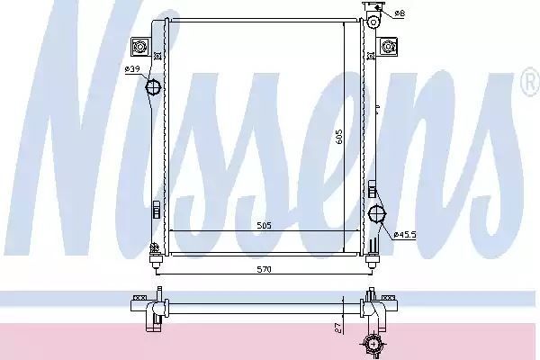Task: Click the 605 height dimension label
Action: pyautogui.click(x=339, y=137)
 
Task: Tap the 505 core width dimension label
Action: pyautogui.click(x=264, y=226)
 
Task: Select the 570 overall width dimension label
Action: pyautogui.click(x=264, y=269)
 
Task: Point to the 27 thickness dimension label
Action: pyautogui.click(x=338, y=328)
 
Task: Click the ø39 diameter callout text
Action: pyautogui.click(x=132, y=69)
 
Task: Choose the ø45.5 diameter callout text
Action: pyautogui.click(x=405, y=235)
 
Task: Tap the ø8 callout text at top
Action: pyautogui.click(x=400, y=13)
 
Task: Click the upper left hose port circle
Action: pyautogui.click(x=153, y=87)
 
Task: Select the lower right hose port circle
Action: pyautogui.click(x=377, y=214)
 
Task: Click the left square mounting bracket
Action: pyautogui.click(x=140, y=47)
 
